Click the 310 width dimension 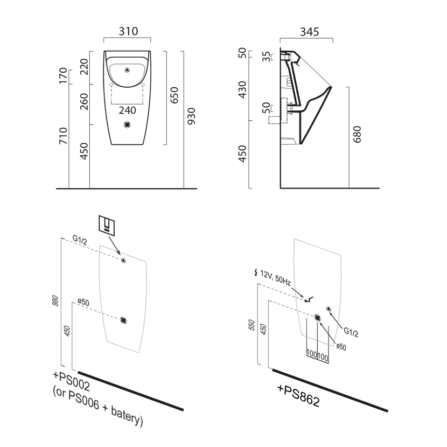click(x=127, y=31)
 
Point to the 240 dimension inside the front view click(x=127, y=110)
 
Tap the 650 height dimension click(x=174, y=96)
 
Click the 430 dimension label click(x=242, y=89)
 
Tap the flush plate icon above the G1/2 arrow click(x=107, y=223)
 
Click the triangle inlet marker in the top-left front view click(x=127, y=69)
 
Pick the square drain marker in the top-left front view click(x=127, y=124)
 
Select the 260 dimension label click(x=84, y=101)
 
